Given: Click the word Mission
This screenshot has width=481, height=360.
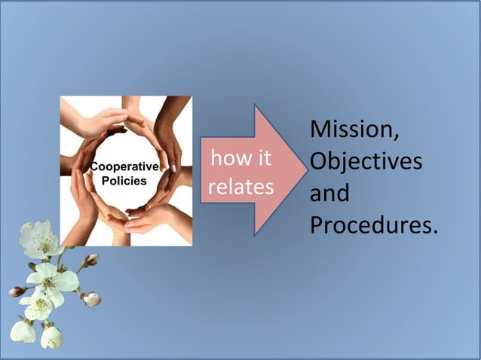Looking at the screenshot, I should tap(351, 130).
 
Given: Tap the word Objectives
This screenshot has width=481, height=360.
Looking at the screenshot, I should tap(366, 162).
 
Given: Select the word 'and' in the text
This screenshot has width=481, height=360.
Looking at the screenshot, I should tap(329, 194).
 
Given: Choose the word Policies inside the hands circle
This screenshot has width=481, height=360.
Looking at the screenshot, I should tap(124, 182).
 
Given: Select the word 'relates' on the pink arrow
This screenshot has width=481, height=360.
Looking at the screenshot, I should tap(240, 187).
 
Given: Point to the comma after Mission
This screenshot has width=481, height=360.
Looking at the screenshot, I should tap(396, 138).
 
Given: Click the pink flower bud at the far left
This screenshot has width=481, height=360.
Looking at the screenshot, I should tap(17, 291).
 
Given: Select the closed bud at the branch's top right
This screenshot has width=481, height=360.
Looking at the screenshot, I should tap(91, 260).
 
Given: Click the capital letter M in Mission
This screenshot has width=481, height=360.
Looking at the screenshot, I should tap(320, 130).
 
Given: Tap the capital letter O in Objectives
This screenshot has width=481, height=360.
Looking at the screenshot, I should tap(319, 162).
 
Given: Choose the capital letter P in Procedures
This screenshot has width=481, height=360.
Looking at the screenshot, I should tap(317, 225).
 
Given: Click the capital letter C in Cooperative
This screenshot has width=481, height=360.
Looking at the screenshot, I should tap(93, 166).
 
